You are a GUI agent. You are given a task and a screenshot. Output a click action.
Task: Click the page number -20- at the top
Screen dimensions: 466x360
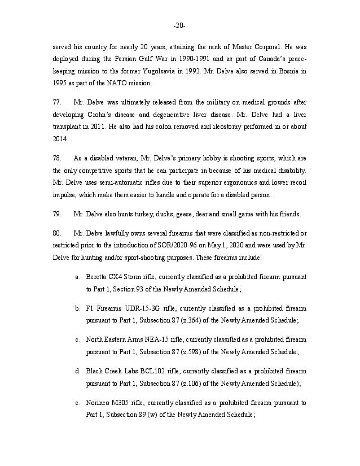pos(179,26)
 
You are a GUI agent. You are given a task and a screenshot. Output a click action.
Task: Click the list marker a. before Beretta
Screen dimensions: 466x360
pos(77,277)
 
